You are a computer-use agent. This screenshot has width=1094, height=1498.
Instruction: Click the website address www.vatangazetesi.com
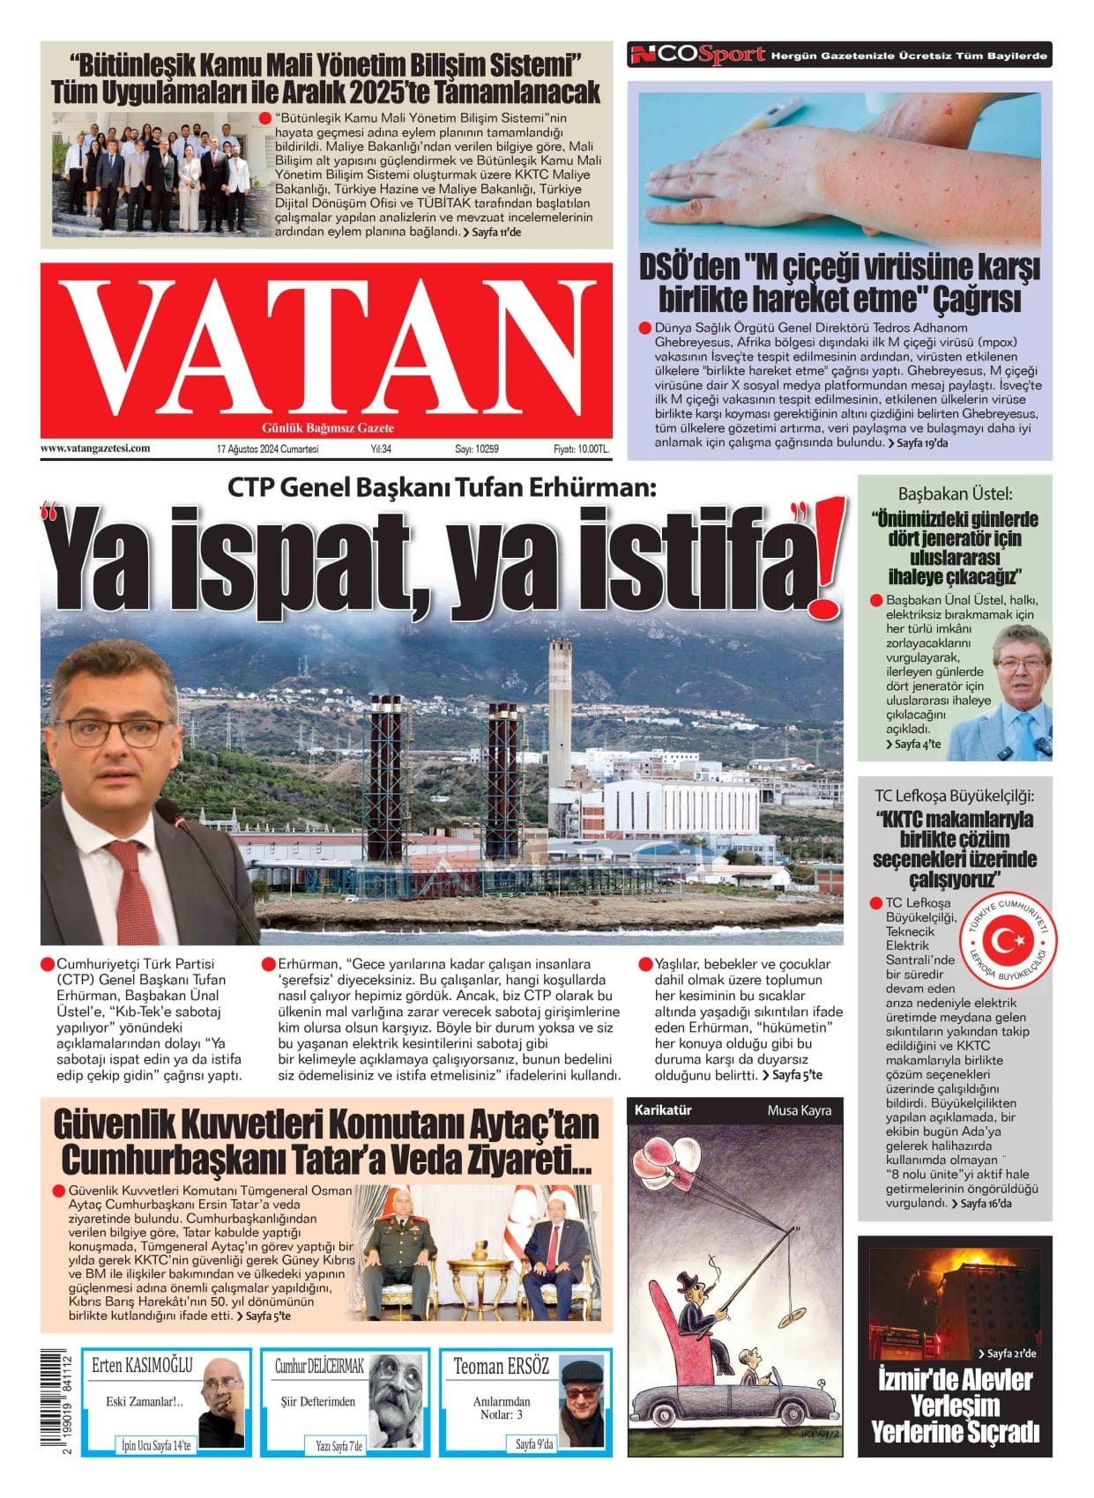95,448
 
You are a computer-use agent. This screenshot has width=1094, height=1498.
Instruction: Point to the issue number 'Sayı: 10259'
477,449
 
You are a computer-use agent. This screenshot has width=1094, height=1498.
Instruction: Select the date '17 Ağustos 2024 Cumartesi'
267,449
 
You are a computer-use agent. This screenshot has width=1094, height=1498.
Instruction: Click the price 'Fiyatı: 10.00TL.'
581,449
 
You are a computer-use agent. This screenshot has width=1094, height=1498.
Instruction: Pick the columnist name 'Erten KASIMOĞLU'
142,1367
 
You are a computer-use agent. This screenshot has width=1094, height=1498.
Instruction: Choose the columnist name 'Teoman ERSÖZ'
501,1367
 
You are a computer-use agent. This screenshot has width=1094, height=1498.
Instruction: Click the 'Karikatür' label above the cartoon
663,1110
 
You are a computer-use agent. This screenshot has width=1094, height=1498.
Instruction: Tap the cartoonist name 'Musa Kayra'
799,1110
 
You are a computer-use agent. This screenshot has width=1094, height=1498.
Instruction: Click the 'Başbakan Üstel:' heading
955,494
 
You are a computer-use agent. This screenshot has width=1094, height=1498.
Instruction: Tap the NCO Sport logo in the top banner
696,56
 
